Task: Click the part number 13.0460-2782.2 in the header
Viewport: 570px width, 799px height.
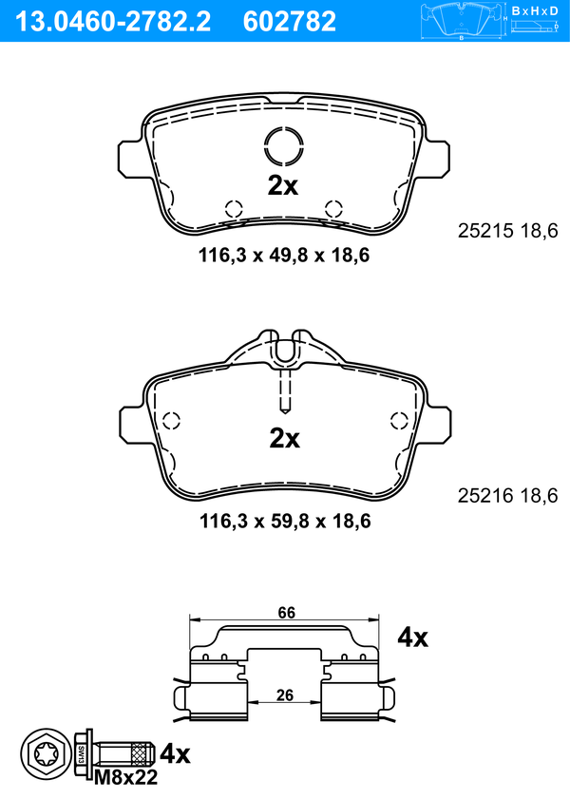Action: coord(113,22)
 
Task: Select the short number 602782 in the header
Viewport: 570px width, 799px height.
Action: coord(290,22)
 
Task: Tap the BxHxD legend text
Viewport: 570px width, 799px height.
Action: coord(535,11)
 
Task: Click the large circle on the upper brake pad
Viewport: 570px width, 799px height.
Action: coord(284,146)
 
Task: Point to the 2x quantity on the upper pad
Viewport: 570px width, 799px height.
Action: coord(283,186)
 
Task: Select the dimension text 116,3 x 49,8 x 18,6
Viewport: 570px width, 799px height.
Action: coord(284,256)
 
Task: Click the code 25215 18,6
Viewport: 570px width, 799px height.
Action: coord(508,231)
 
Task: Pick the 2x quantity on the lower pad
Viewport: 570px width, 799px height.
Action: coord(284,438)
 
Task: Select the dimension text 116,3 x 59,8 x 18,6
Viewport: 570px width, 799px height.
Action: coord(285,522)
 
